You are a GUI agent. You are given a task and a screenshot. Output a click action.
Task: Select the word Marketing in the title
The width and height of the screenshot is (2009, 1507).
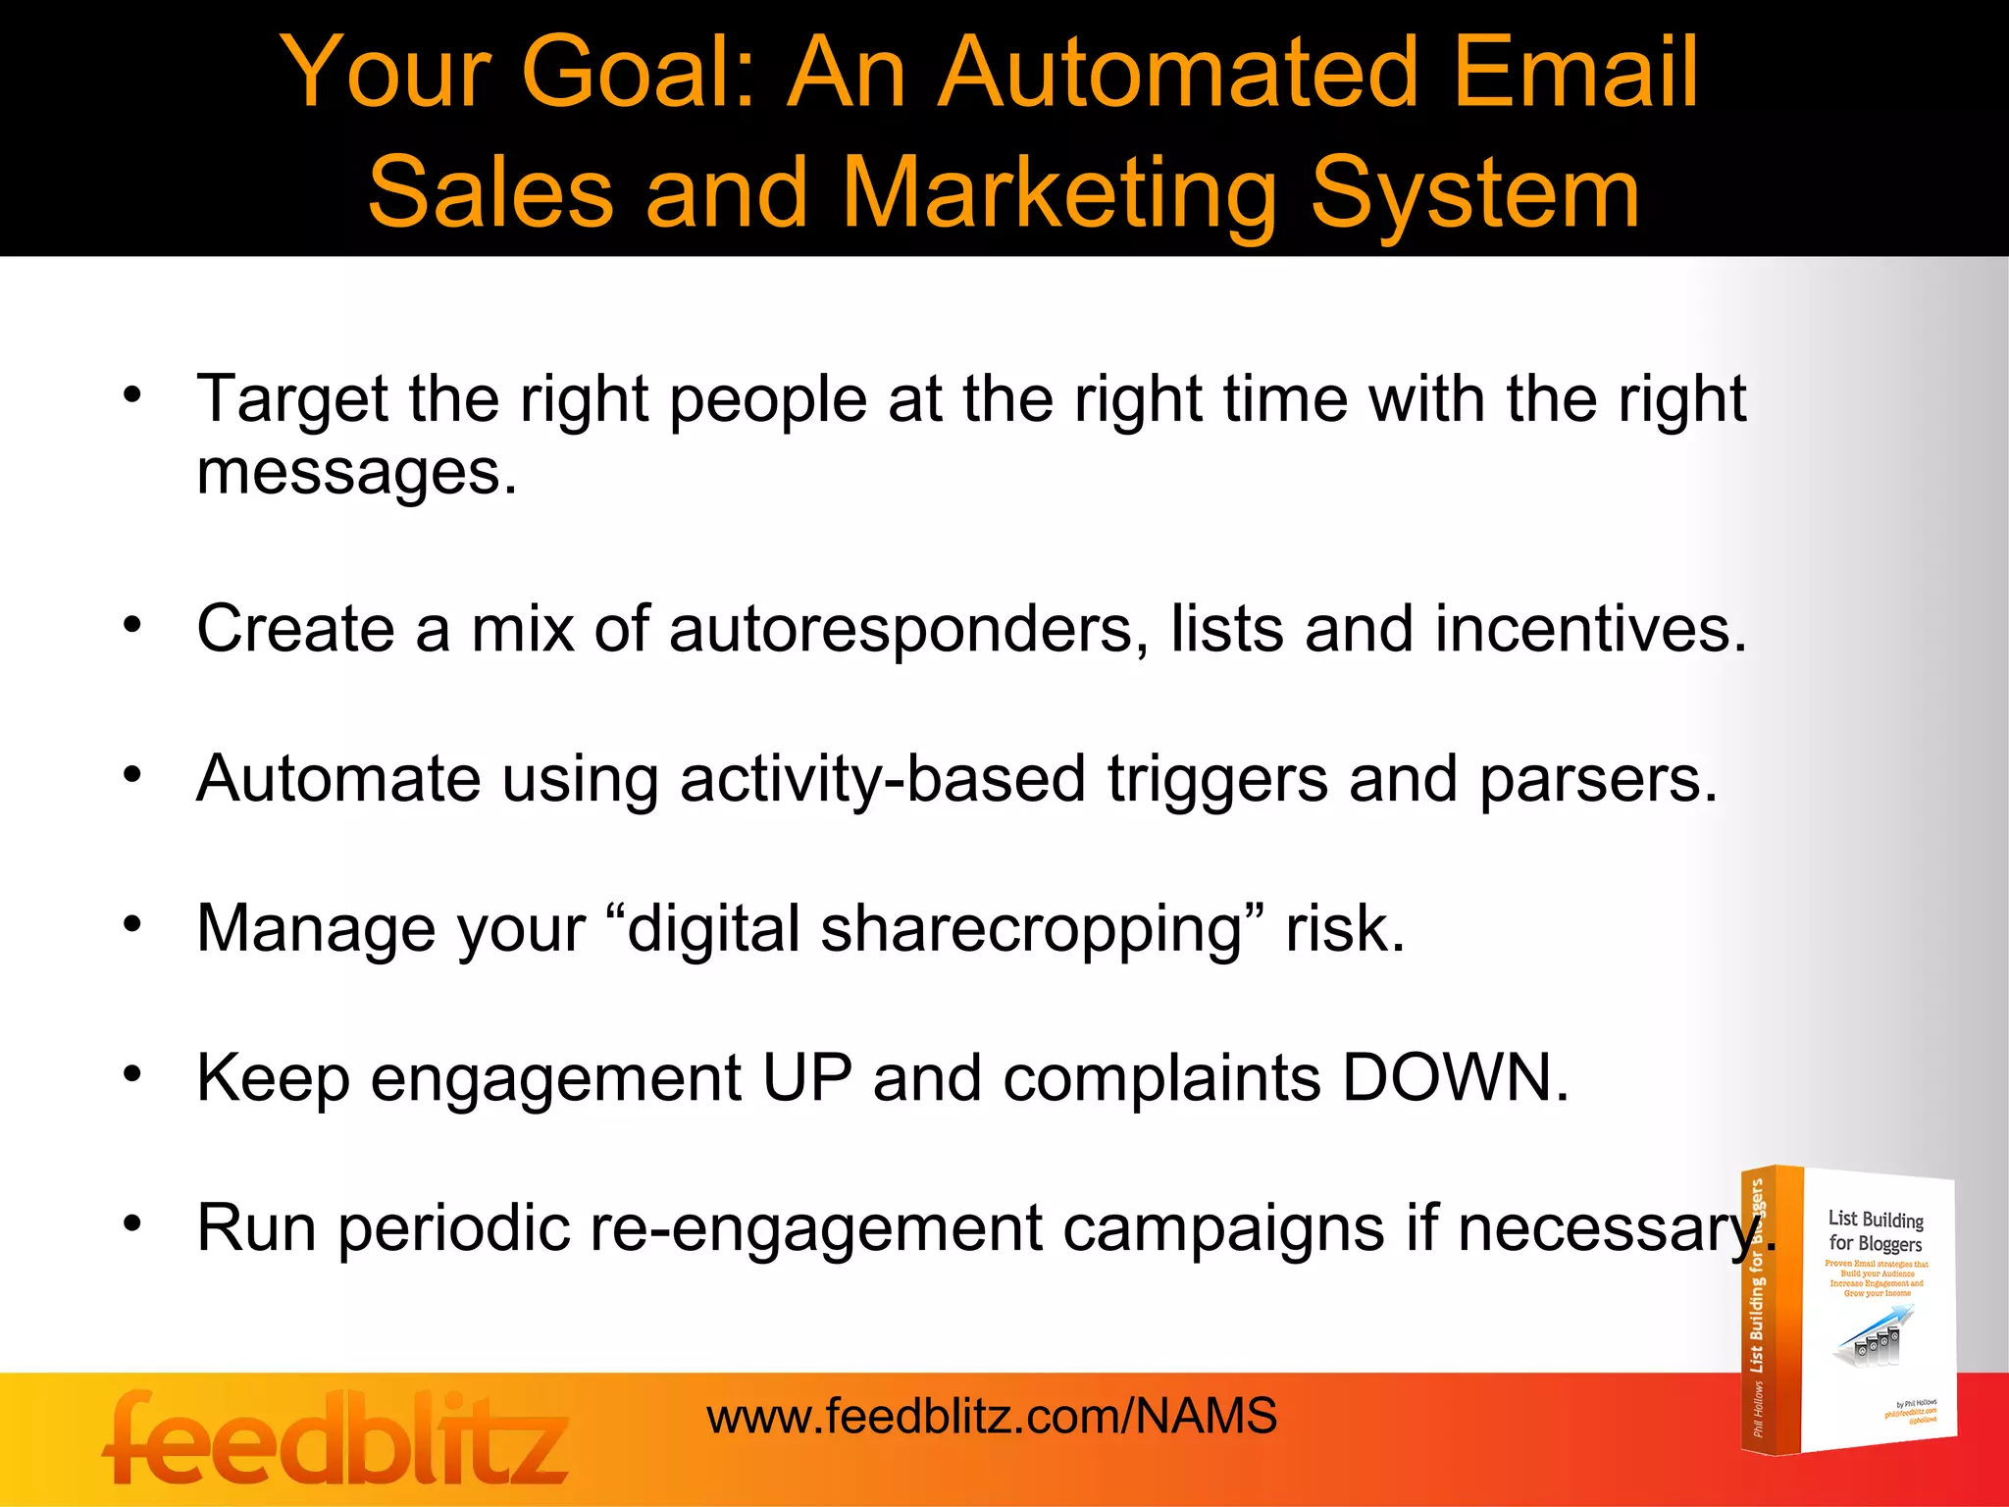[x=1059, y=193]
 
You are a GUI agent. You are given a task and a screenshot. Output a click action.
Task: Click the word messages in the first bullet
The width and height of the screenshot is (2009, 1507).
[x=355, y=473]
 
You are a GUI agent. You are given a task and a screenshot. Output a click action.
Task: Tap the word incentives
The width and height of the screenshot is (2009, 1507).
[x=1590, y=629]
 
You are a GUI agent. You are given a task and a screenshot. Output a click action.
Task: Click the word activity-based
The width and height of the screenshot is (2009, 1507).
[x=882, y=780]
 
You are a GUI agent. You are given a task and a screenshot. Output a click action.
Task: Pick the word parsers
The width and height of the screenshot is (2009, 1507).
[x=1598, y=780]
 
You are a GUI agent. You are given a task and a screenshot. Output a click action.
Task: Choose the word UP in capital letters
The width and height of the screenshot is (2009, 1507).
[x=806, y=1079]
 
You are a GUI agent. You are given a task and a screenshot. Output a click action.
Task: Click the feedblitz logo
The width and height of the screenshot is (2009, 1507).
[x=335, y=1438]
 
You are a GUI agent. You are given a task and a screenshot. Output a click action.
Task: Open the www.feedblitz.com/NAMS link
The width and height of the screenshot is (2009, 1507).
[x=991, y=1417]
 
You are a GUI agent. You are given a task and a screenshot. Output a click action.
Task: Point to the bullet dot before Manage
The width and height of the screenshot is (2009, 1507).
[x=132, y=924]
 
